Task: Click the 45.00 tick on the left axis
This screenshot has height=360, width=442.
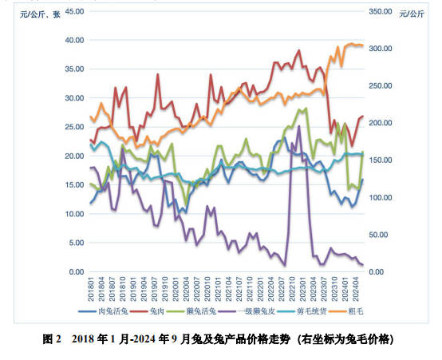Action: tap(73, 11)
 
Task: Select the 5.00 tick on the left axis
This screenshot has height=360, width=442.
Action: tap(75, 243)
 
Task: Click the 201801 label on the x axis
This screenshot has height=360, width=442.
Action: tap(92, 291)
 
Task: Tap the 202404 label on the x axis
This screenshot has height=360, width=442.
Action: tap(359, 291)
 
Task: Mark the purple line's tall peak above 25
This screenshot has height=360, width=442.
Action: tap(299, 126)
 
